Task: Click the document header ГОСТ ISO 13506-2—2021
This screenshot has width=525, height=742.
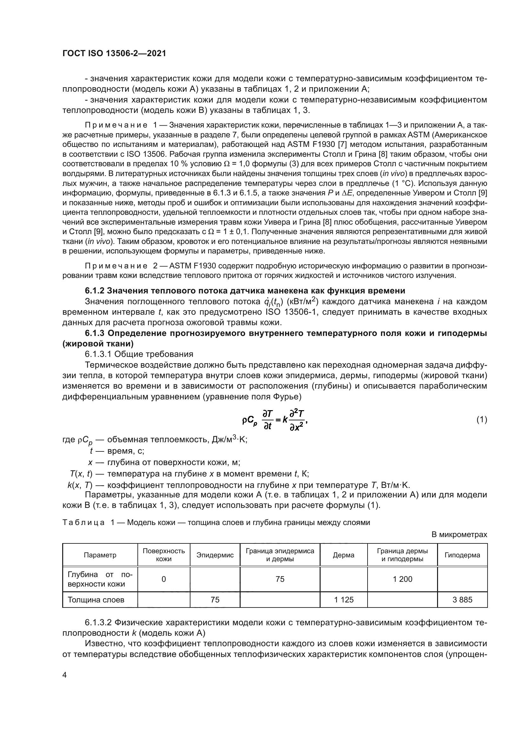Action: (114, 54)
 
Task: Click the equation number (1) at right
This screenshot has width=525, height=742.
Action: (482, 420)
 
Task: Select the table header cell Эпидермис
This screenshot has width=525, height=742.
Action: (215, 555)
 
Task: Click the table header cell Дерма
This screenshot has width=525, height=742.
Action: (343, 555)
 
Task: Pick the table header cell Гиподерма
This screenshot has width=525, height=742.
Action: (462, 555)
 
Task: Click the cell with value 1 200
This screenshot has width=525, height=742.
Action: (402, 579)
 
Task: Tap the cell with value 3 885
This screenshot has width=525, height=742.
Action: (462, 600)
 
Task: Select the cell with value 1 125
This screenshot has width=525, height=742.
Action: (344, 600)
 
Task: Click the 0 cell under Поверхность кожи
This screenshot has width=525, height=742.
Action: (163, 579)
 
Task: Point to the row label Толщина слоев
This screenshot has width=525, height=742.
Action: (96, 600)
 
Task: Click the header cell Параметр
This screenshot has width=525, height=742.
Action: (100, 555)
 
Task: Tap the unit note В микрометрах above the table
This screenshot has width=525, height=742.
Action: (459, 535)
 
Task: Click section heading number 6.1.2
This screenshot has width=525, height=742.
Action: (94, 291)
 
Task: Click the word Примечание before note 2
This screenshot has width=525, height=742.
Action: (116, 266)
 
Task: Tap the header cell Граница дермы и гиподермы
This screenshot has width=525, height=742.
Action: (402, 555)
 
